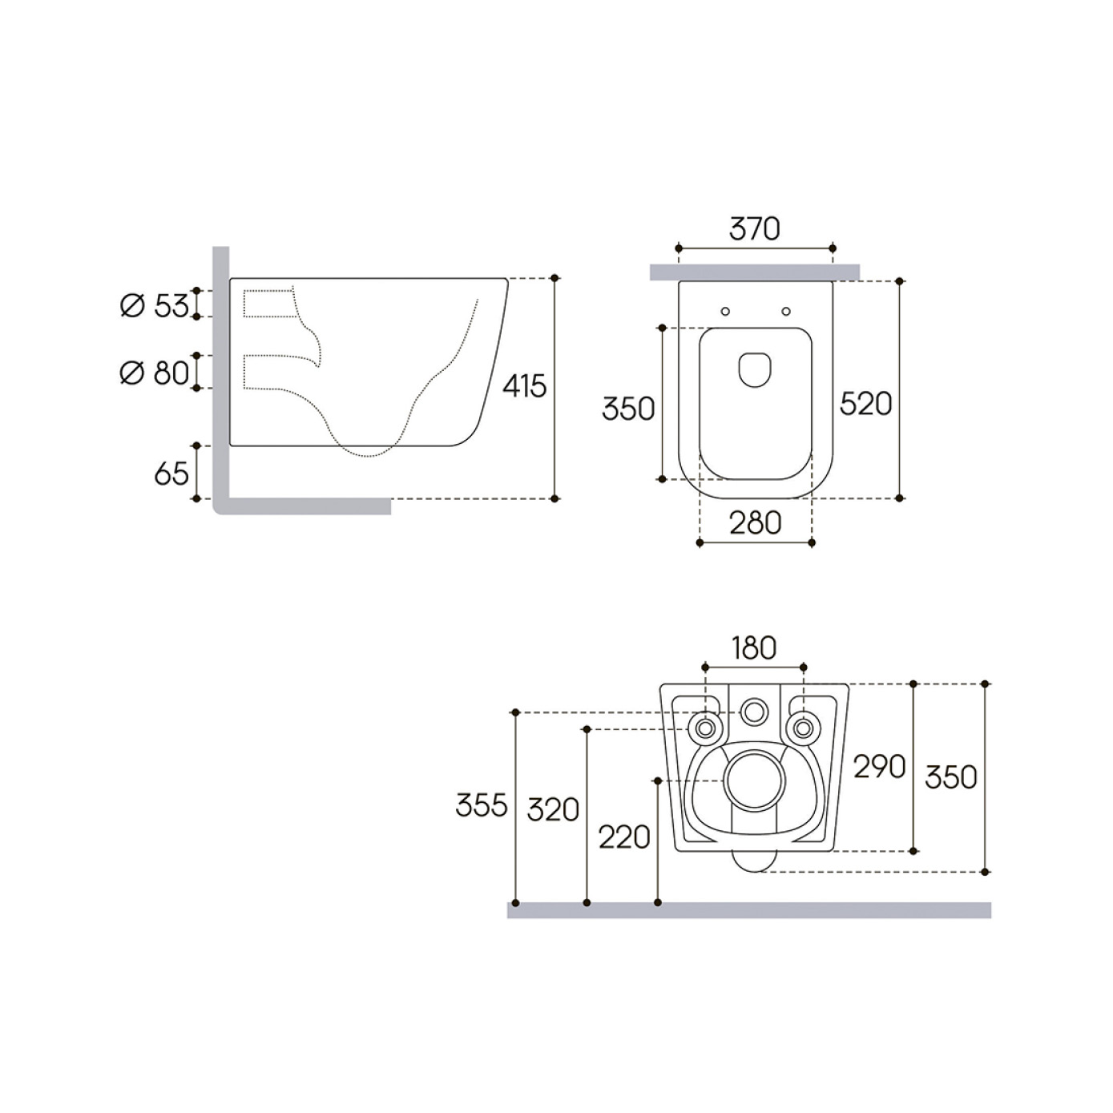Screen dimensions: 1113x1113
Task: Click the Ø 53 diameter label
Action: click(x=154, y=305)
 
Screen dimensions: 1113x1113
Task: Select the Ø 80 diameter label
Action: click(x=154, y=373)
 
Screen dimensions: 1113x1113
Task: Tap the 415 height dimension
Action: click(x=524, y=386)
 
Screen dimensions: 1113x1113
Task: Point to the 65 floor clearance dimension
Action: click(x=171, y=474)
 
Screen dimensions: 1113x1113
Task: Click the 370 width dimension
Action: click(x=754, y=228)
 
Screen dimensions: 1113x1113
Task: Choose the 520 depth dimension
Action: click(x=865, y=403)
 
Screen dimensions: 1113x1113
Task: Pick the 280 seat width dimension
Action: click(x=755, y=523)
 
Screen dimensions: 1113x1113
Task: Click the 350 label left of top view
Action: click(x=628, y=409)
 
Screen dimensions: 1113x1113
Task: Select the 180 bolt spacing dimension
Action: click(x=754, y=648)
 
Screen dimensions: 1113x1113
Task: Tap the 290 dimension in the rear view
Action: click(x=879, y=767)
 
